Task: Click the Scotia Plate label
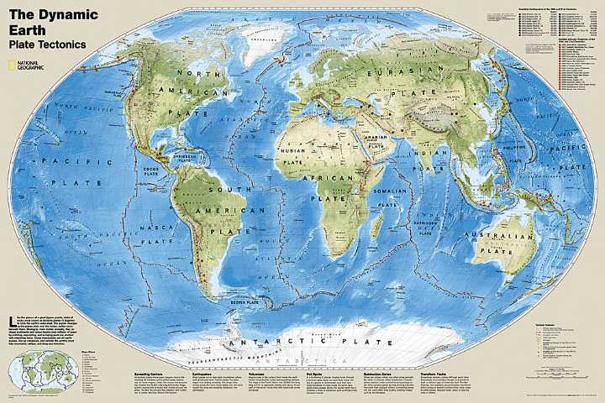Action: [246, 301]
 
